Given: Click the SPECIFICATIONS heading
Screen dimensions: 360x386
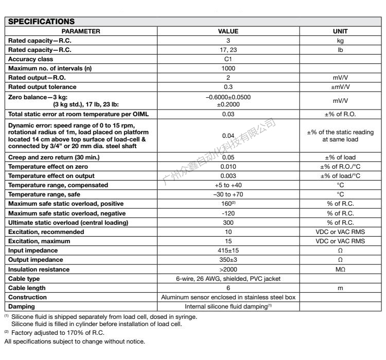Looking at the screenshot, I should click(x=40, y=22).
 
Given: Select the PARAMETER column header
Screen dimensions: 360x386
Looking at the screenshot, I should click(x=81, y=31).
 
